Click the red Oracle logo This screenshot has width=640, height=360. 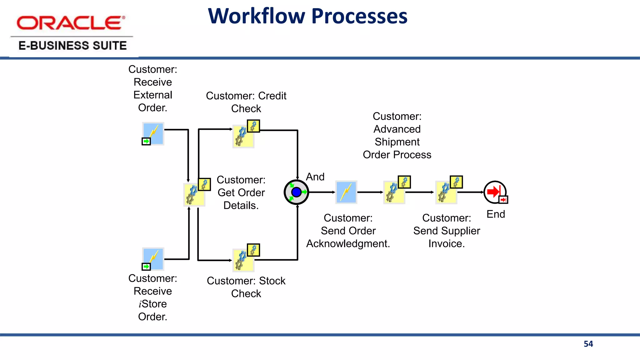[71, 23]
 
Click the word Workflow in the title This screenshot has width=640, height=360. [256, 16]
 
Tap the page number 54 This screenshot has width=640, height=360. [588, 344]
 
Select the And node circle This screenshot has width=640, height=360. [296, 192]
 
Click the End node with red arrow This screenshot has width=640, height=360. [495, 192]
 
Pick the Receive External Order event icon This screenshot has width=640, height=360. [153, 133]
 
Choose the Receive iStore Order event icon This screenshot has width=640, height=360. [153, 259]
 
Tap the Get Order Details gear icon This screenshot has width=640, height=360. [195, 194]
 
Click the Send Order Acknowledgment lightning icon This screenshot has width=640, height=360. [346, 192]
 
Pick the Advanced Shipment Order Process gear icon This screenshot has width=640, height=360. [394, 192]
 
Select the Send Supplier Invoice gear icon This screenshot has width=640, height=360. [446, 192]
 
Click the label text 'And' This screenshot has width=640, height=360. [315, 177]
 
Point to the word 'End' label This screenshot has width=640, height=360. [496, 214]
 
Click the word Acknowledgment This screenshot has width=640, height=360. [348, 244]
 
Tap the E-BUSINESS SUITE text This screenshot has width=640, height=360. [72, 46]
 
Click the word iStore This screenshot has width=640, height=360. [152, 304]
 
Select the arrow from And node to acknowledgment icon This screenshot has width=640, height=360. [322, 192]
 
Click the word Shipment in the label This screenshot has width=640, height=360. [397, 142]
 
